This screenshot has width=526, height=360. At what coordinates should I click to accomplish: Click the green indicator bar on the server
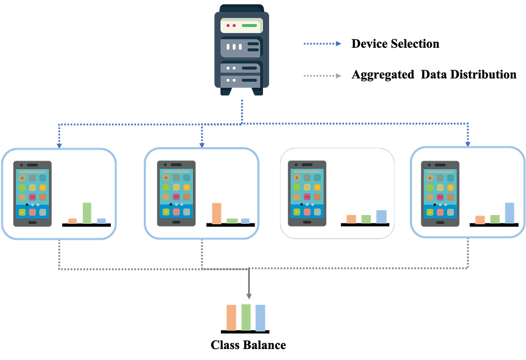249,25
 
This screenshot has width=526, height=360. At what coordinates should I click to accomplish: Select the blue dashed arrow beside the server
322,43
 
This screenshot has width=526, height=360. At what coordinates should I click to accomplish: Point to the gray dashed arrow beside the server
322,76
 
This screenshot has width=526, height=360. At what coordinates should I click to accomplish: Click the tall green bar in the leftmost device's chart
87,212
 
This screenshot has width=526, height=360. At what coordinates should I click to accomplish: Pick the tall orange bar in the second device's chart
217,213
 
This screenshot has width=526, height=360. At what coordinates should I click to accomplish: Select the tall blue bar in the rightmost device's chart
509,212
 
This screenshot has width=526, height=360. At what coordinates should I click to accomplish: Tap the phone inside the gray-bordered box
307,193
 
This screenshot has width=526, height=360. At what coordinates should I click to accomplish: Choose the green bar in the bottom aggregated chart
246,316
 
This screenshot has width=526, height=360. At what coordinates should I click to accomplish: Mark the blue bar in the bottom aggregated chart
261,317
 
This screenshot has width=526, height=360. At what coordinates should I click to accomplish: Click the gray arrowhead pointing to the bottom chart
249,296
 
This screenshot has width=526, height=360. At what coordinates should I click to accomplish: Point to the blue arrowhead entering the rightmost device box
468,142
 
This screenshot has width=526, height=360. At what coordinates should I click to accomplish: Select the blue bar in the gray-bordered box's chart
381,216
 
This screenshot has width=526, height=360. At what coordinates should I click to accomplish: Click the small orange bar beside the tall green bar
72,220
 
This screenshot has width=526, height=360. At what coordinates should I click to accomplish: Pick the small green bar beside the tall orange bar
232,221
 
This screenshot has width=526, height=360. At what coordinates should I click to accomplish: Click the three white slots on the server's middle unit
234,46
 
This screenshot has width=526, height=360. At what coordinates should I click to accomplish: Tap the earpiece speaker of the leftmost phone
32,165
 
